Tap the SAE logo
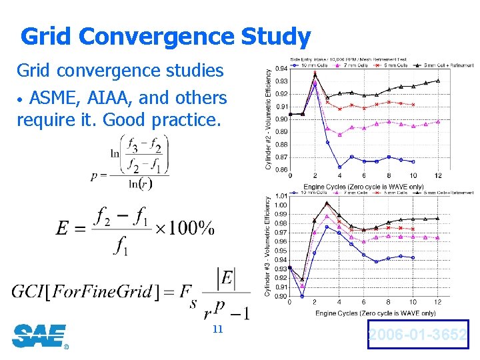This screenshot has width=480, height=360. point(39,335)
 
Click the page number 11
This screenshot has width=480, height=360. point(217,330)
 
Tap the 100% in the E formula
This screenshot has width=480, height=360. point(186,228)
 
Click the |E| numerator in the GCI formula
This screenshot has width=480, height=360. point(226,277)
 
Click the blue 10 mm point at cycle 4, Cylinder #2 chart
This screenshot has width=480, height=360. point(339,167)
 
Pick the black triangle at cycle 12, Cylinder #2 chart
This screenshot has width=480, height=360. point(437,81)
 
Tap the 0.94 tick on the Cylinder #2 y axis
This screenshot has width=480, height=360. point(281,69)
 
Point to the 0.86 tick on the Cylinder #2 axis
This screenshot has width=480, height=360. point(281,170)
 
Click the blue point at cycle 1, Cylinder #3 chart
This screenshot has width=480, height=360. point(302,296)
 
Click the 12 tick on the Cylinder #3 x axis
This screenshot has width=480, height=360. point(437,303)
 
